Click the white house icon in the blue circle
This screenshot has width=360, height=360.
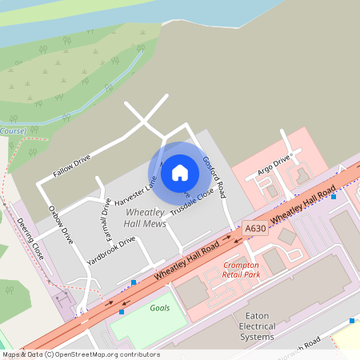(x=180, y=172)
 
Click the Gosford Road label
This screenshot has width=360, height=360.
(x=214, y=177)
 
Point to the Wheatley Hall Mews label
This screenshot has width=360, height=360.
(x=145, y=218)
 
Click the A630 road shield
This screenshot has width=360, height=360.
(x=255, y=228)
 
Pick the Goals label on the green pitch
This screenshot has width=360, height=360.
(x=160, y=307)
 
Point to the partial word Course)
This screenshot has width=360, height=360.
(x=13, y=130)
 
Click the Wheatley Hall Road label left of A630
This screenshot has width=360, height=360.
(x=186, y=262)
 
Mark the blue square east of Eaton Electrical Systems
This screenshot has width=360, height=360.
(x=351, y=321)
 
